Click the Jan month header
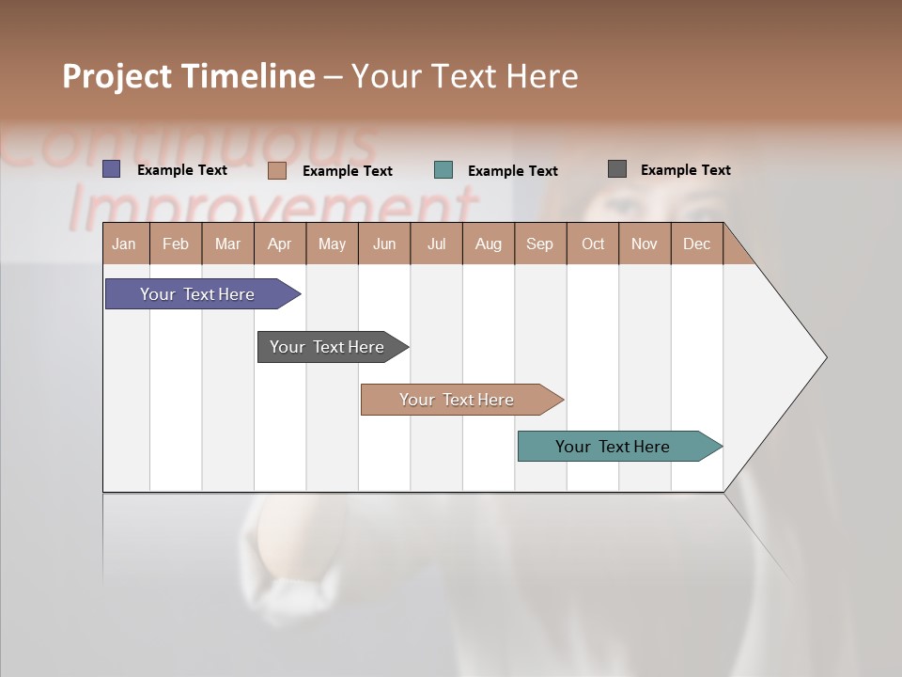124,244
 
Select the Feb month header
176,244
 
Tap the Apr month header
279,244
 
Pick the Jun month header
384,244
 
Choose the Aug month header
488,244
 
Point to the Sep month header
539,244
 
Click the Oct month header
593,244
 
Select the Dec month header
696,244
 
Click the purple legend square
112,169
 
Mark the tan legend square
277,170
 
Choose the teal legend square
443,170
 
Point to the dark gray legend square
617,169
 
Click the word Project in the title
117,76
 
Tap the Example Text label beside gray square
685,170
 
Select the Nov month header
645,244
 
